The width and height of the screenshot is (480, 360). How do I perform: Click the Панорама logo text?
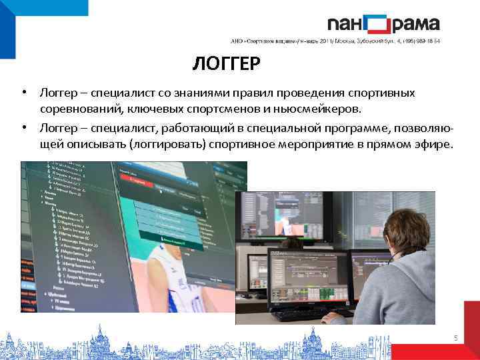(383, 24)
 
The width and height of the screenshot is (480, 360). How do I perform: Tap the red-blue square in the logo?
(378, 25)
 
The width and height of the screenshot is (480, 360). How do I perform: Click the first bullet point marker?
(23, 93)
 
